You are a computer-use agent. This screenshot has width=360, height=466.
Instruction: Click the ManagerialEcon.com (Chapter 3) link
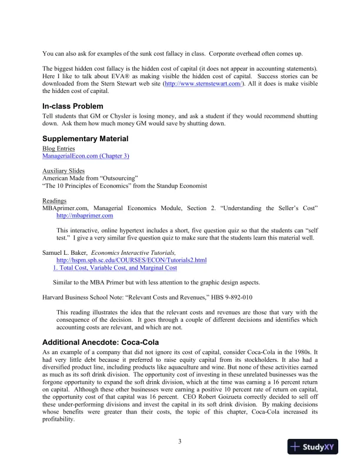pos(85,157)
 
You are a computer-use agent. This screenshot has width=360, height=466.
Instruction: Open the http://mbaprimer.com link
pos(84,216)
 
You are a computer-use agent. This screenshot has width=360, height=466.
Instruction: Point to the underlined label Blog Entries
pos(58,149)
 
